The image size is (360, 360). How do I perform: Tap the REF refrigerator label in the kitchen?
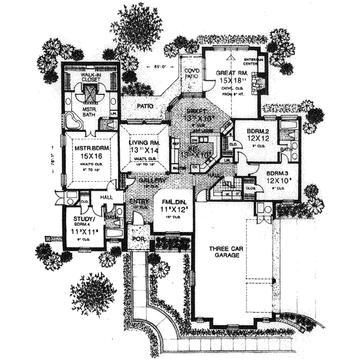coord(176,144)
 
